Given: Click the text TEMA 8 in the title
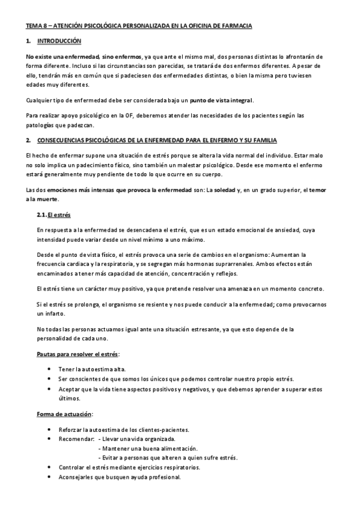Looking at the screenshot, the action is click(x=35, y=26).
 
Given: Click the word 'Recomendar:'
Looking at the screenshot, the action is click(x=77, y=440).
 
